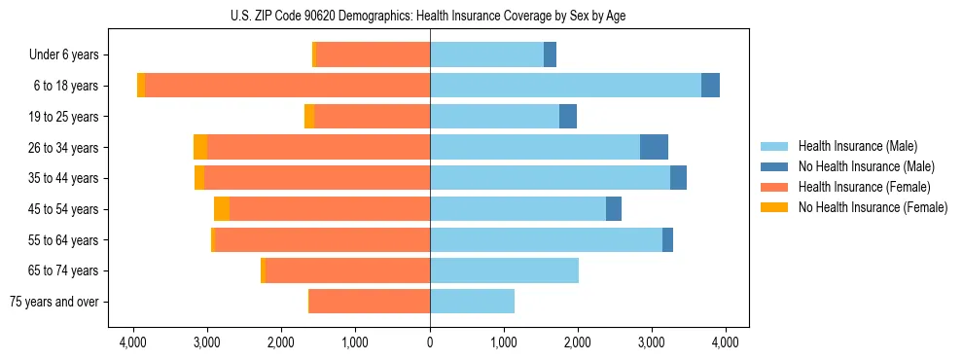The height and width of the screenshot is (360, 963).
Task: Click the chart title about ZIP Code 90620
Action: coord(481,15)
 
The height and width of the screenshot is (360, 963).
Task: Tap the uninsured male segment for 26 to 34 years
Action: coord(654,147)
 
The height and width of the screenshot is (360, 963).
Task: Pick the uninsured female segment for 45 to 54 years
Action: coord(222,209)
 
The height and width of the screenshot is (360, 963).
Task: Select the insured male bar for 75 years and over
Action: coord(472,302)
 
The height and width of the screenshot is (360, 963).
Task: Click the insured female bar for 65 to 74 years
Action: coord(347,270)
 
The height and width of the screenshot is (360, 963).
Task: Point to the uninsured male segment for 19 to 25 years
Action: coord(568,117)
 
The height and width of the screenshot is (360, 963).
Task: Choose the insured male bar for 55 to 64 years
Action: coord(546,239)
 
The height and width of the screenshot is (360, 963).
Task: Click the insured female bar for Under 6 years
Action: coord(373,55)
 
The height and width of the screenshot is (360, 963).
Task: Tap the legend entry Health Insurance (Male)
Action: coord(857,146)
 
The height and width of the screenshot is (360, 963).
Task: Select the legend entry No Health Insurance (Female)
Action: coord(873,207)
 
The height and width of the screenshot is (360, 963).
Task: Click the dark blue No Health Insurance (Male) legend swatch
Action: coord(774,166)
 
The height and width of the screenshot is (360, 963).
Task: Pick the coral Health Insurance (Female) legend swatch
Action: coord(774,187)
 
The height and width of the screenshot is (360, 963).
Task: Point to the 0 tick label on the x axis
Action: coord(430,342)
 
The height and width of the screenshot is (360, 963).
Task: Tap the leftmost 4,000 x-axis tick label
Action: coord(133,342)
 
